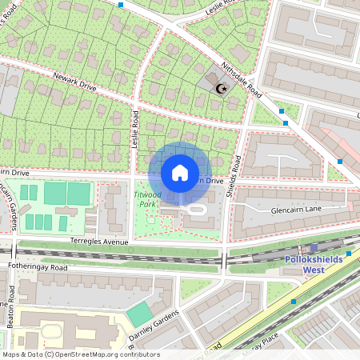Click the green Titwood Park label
pos(146,198)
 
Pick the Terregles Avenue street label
pos(98,241)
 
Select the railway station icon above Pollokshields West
pos(314,248)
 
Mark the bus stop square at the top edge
pos(121,5)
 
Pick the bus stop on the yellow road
pos(294,302)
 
